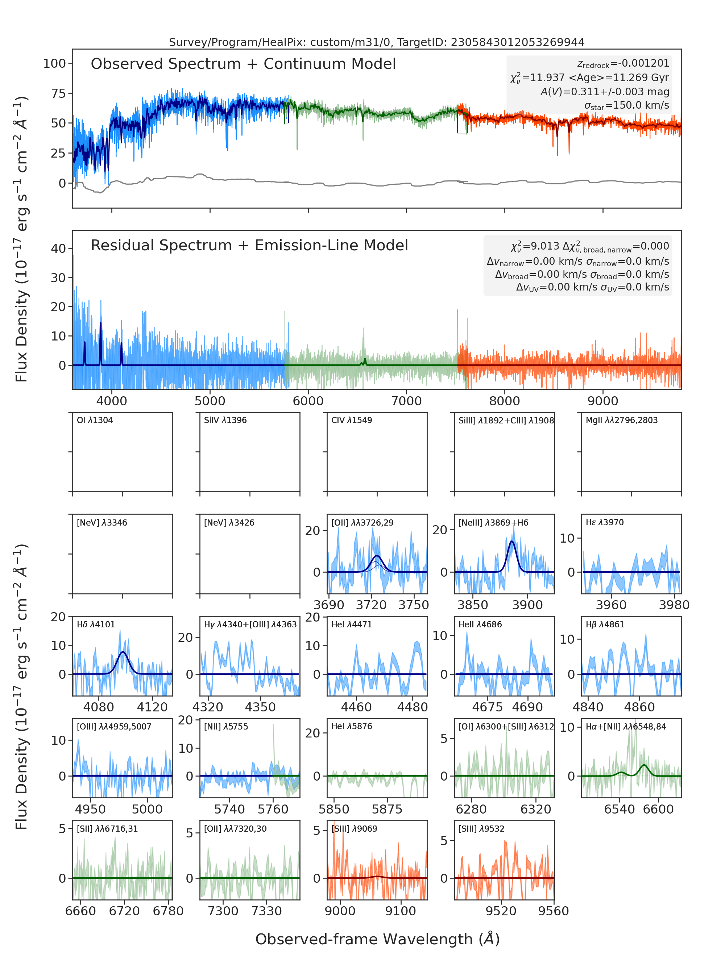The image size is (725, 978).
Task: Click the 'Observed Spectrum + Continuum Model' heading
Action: click(243, 64)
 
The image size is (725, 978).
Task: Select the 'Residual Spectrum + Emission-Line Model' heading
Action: click(249, 245)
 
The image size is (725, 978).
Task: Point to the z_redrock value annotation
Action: click(623, 64)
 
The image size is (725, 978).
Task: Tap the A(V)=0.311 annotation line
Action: click(605, 92)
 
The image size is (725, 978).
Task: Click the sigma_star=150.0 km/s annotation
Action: click(627, 105)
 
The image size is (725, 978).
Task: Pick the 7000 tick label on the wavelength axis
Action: click(406, 401)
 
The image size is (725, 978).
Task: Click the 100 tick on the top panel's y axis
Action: click(54, 64)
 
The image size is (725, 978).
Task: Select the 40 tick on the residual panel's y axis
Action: click(58, 249)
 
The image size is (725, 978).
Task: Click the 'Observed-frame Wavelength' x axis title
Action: click(377, 939)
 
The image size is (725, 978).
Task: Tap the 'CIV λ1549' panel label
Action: click(352, 420)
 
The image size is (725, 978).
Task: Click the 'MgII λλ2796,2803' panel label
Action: click(621, 420)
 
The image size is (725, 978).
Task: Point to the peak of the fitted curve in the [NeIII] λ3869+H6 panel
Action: click(512, 542)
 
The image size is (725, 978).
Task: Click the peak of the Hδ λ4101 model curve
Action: click(123, 652)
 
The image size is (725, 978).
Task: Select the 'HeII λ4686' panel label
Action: click(480, 624)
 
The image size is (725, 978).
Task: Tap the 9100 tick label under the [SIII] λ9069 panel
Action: click(400, 911)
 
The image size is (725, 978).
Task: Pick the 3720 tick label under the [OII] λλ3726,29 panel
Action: click(371, 605)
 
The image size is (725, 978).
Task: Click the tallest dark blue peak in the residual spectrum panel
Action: click(100, 323)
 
